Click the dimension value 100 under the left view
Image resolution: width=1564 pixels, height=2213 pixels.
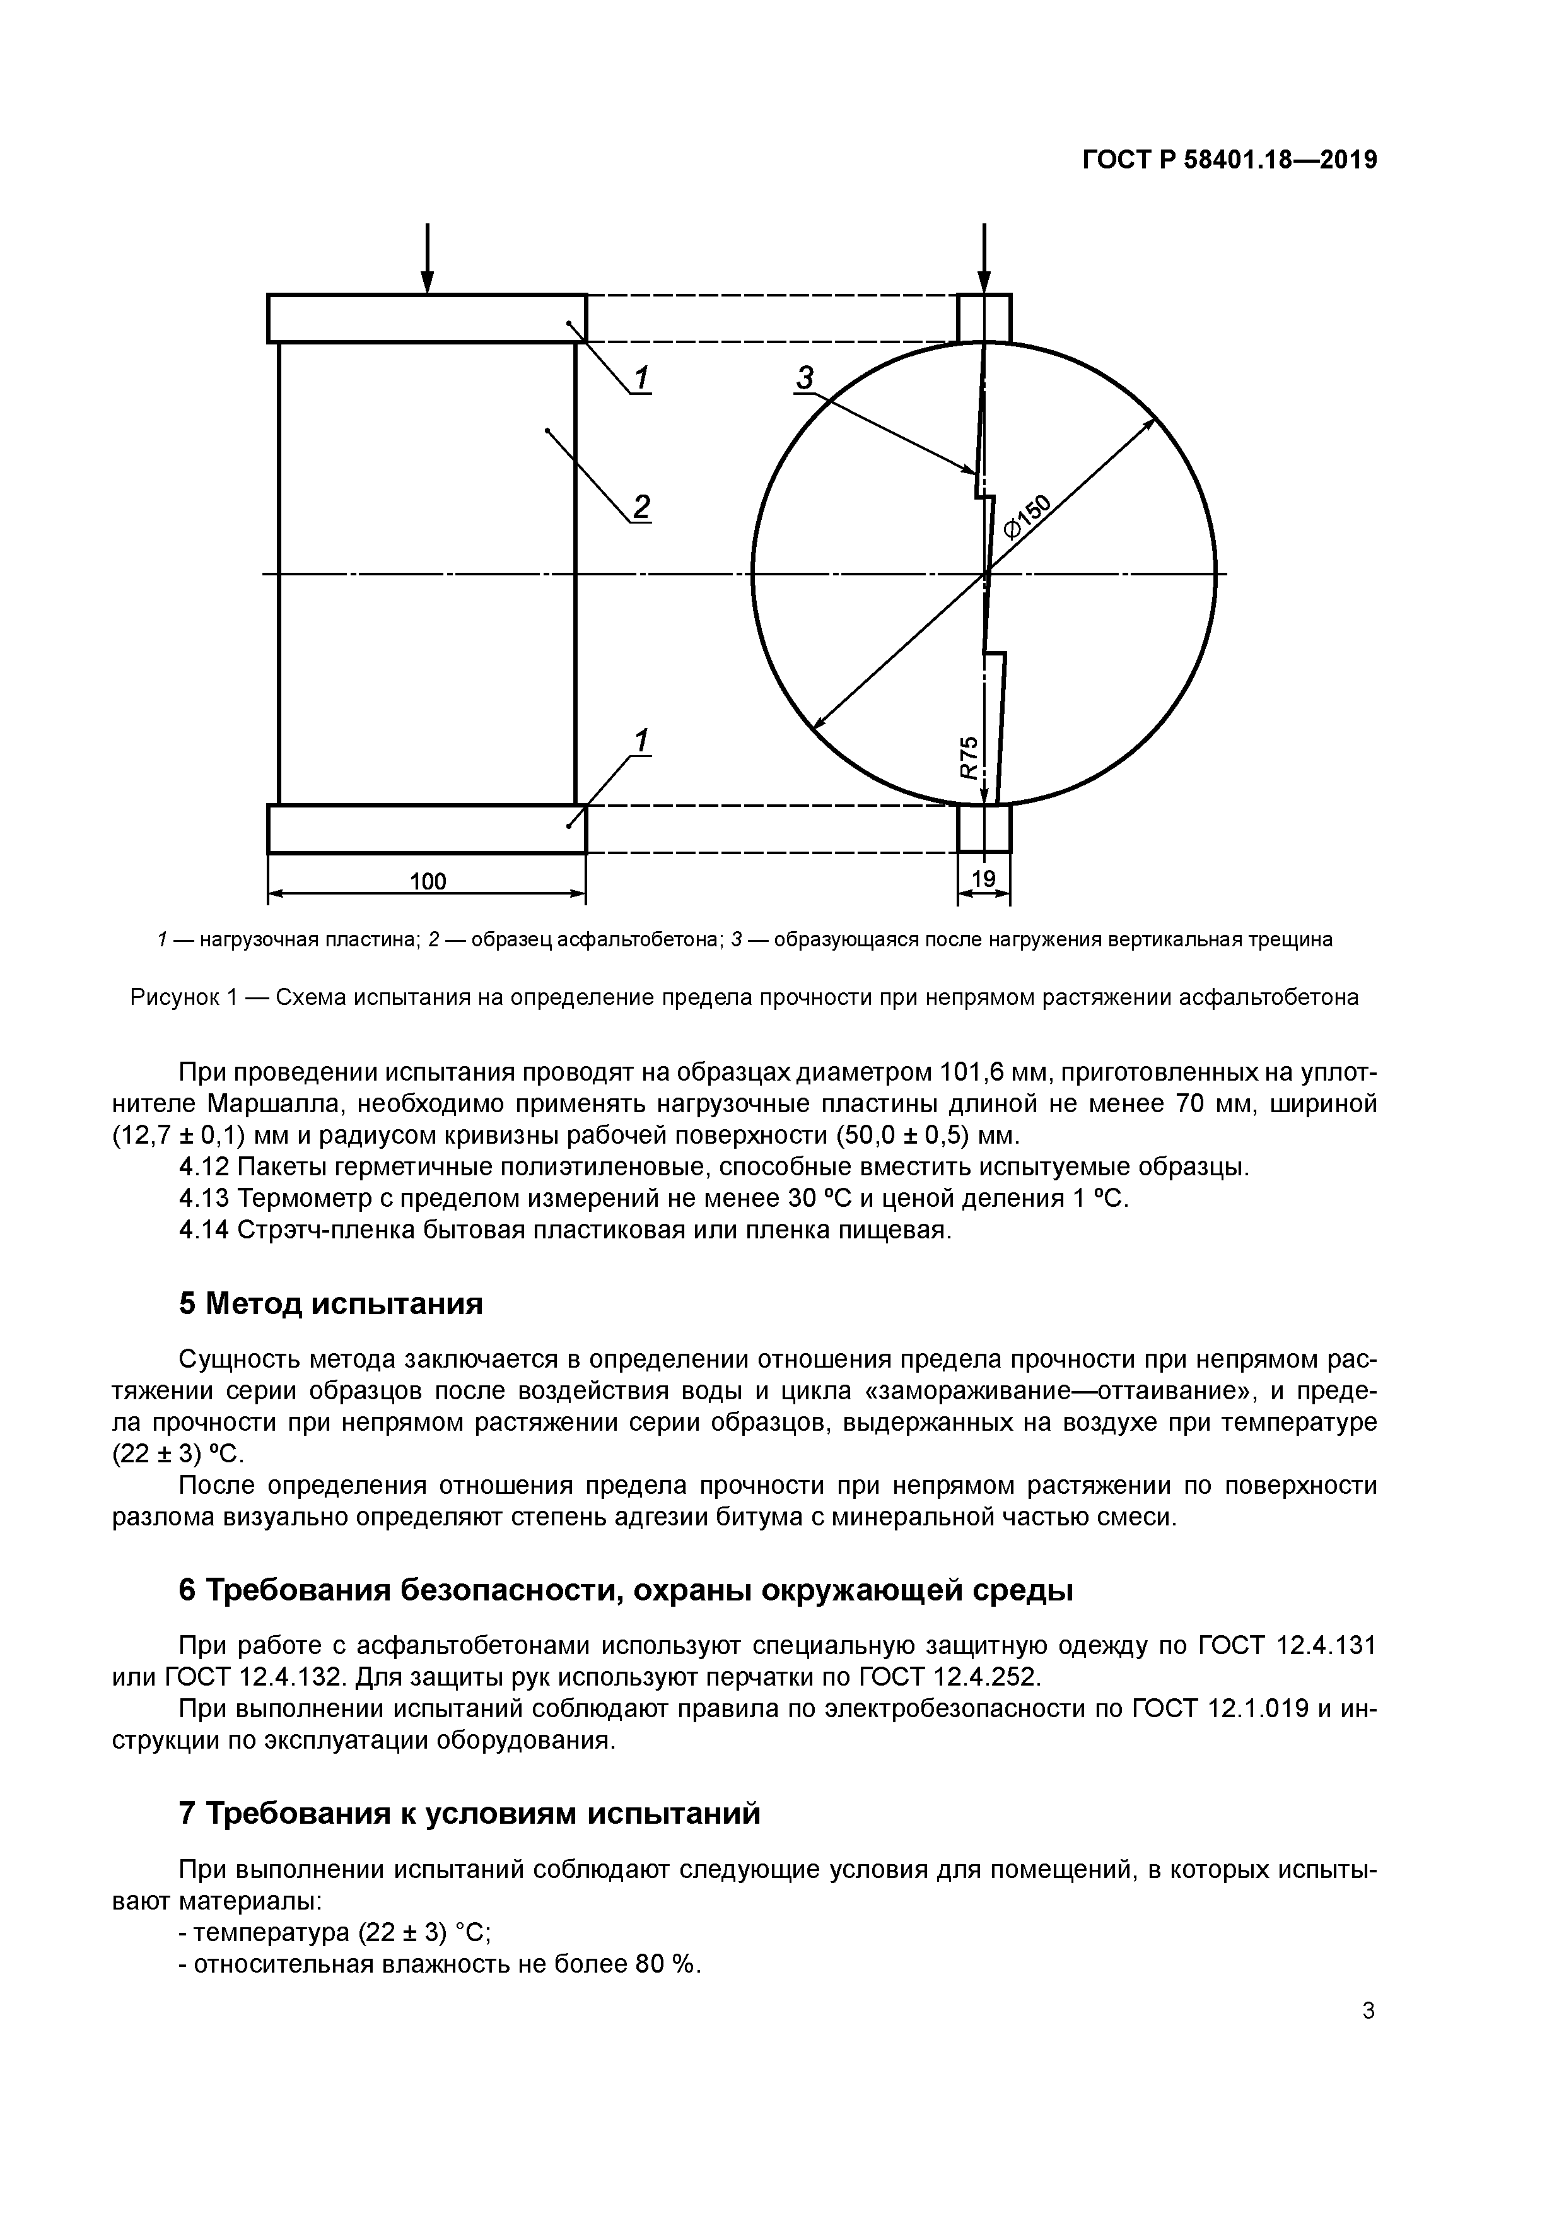click(427, 881)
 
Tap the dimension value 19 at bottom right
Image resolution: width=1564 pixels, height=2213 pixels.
click(983, 878)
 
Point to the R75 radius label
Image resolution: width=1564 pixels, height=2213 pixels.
click(969, 758)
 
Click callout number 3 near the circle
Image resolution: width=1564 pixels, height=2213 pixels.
click(805, 379)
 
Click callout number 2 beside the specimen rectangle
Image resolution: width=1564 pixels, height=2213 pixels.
click(641, 506)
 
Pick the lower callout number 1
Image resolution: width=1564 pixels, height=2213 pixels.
click(641, 740)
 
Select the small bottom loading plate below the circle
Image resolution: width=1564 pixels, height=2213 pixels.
click(984, 829)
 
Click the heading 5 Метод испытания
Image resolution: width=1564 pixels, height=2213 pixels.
click(330, 1304)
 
